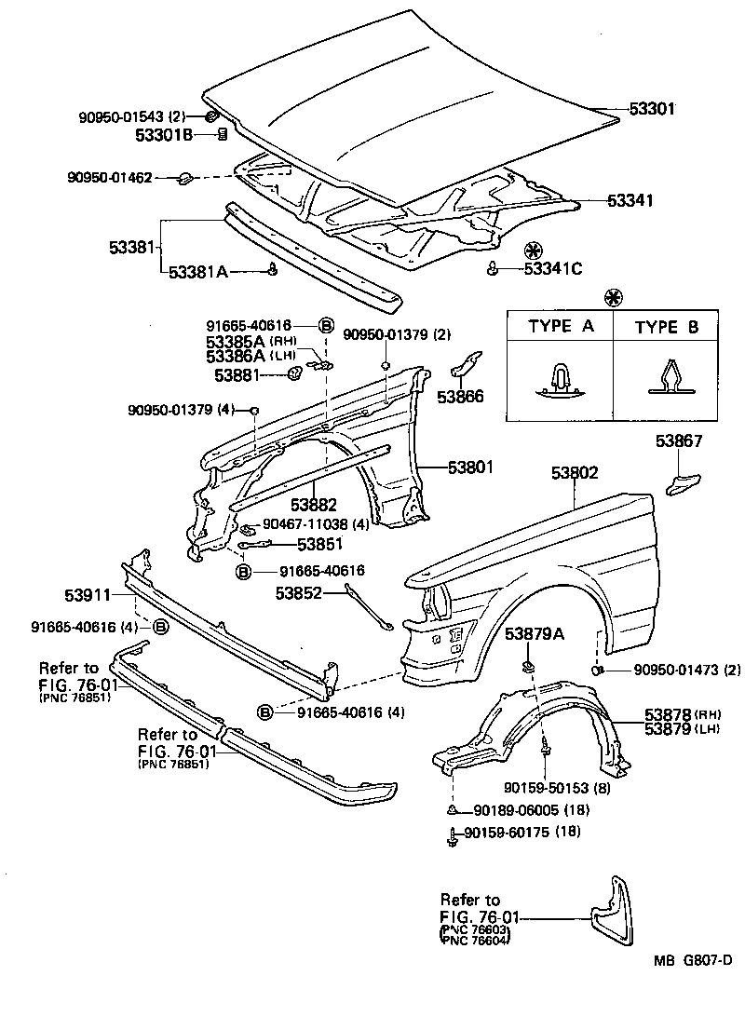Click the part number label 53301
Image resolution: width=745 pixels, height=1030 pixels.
(652, 109)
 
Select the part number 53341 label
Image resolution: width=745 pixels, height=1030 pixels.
(630, 200)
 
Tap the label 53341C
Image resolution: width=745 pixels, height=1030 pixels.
(552, 269)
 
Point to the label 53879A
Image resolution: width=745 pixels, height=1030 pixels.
(535, 633)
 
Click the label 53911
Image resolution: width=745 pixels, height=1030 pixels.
(88, 594)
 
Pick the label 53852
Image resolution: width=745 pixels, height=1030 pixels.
(298, 591)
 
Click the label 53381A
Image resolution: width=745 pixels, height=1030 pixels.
(199, 272)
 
